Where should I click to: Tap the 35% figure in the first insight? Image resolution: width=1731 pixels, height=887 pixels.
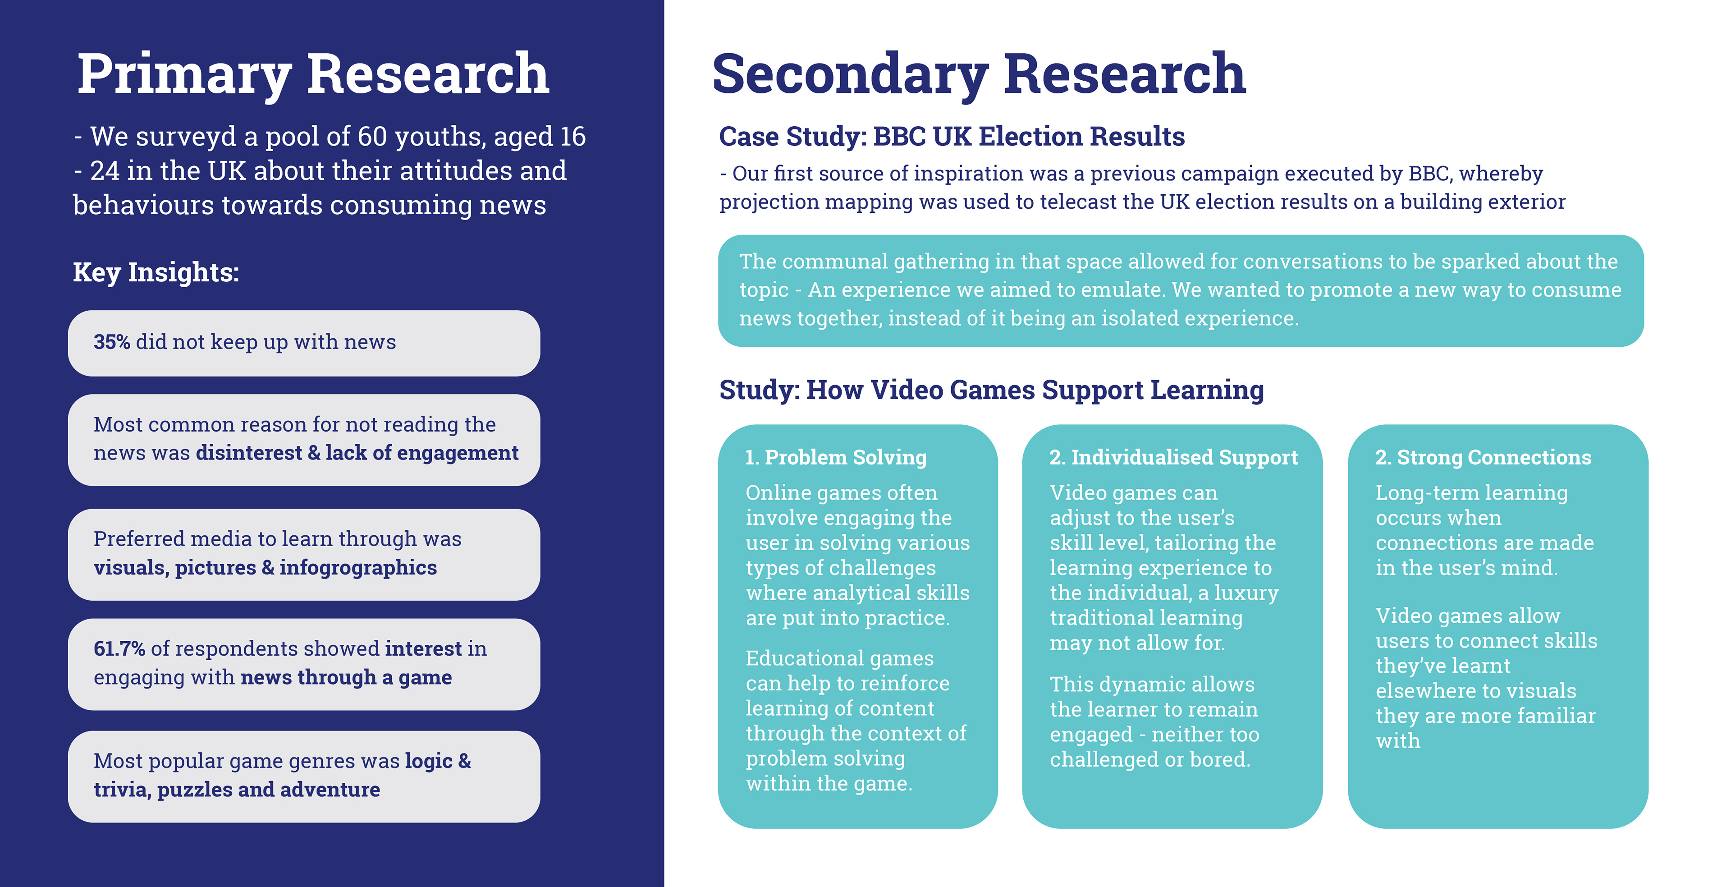[111, 342]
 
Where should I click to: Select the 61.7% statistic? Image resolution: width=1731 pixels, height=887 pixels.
[119, 648]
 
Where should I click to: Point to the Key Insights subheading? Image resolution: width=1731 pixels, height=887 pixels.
[156, 272]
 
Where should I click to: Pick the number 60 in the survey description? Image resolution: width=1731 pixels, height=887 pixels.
[371, 137]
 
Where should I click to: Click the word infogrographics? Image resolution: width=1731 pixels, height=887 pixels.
[358, 568]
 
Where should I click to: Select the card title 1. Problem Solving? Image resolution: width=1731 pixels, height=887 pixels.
[835, 458]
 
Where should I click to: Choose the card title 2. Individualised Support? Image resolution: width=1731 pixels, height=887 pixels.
[1173, 458]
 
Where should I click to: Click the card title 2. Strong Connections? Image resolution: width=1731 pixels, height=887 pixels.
[1483, 458]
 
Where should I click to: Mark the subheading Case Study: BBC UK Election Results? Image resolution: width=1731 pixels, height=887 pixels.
[952, 137]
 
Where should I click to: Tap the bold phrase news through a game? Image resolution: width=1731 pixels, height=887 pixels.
[346, 677]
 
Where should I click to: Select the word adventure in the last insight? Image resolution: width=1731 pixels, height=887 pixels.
[330, 790]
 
